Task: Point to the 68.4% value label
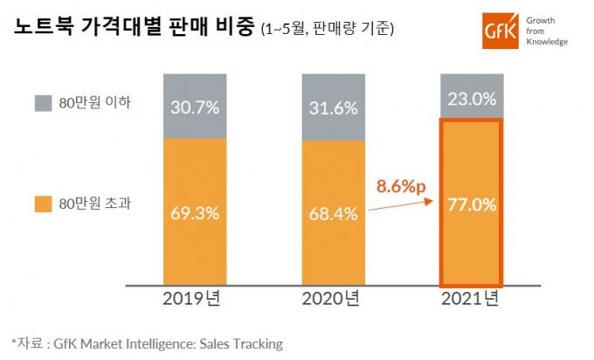click(333, 212)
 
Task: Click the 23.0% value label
click(471, 99)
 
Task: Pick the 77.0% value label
click(471, 205)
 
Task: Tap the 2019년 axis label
click(195, 300)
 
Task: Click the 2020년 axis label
click(333, 300)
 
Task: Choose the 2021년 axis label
click(470, 300)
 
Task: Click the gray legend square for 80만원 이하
click(44, 102)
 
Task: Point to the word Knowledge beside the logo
click(546, 42)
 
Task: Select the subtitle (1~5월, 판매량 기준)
click(328, 31)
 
